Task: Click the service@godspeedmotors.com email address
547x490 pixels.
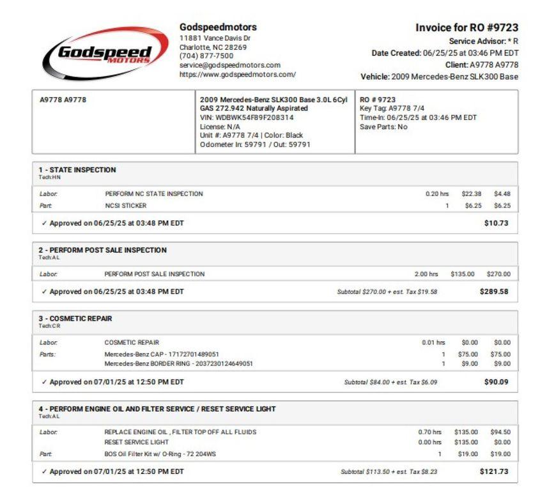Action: point(230,65)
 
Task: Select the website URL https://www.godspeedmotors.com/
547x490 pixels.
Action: point(238,74)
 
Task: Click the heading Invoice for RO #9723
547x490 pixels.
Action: point(466,28)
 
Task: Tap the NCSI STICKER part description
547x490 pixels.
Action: point(126,206)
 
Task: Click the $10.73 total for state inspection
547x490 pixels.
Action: point(497,224)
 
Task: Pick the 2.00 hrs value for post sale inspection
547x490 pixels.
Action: point(426,274)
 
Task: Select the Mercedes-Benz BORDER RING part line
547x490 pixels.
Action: point(178,364)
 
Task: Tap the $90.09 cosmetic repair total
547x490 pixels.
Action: point(497,382)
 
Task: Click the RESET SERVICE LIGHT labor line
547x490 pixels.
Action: point(137,441)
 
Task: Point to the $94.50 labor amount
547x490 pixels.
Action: point(500,432)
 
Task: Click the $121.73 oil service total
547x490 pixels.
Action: point(495,471)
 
